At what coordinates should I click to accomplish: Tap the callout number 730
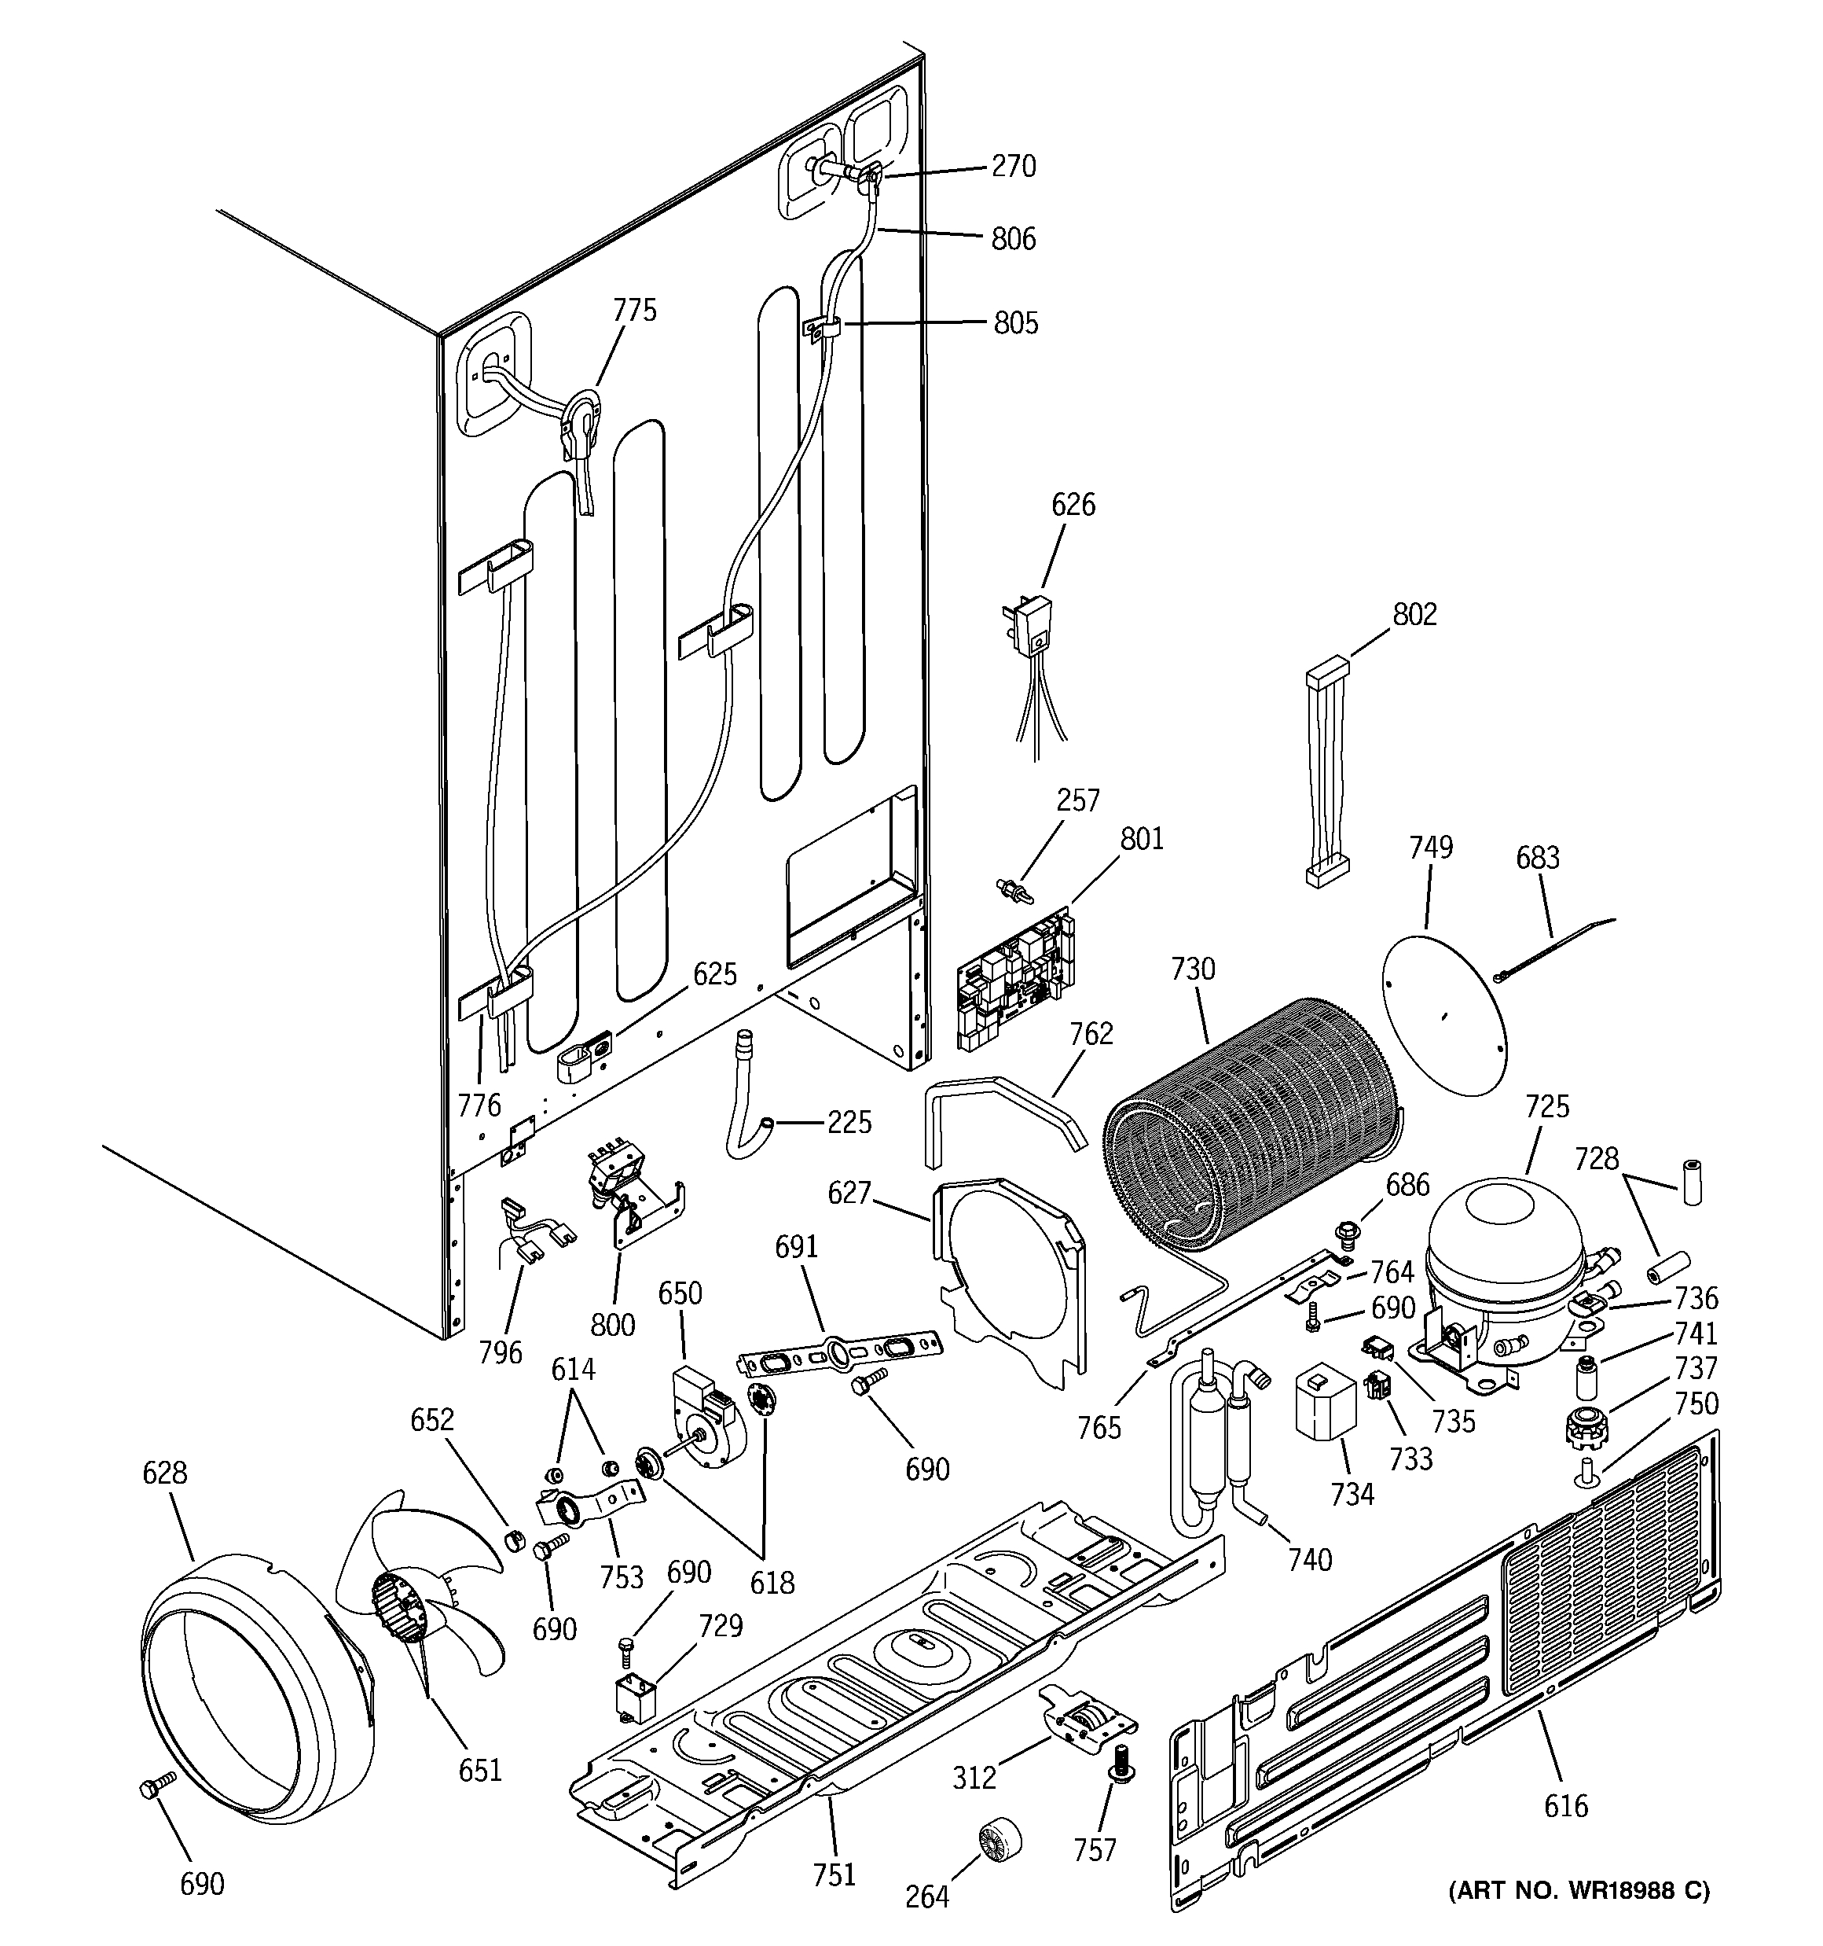click(x=1193, y=969)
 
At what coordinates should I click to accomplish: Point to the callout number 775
click(x=634, y=311)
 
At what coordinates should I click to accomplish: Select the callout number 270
click(x=1013, y=167)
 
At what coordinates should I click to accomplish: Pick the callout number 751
click(x=834, y=1874)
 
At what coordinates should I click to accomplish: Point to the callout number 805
click(x=1016, y=323)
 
